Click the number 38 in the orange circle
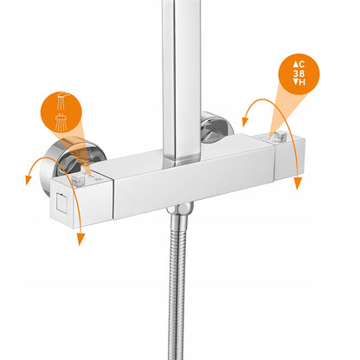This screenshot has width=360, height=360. pyautogui.click(x=299, y=74)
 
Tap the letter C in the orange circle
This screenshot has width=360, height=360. pyautogui.click(x=302, y=64)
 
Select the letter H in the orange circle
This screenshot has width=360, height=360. pyautogui.click(x=302, y=82)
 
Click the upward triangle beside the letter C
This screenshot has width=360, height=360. pyautogui.click(x=296, y=64)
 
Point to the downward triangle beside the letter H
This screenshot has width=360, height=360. pyautogui.click(x=296, y=82)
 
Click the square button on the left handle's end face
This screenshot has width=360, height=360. pyautogui.click(x=62, y=202)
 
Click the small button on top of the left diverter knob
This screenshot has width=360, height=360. pyautogui.click(x=78, y=179)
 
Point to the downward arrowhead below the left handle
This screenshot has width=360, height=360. pyautogui.click(x=80, y=239)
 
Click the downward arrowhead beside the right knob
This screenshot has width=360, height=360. pyautogui.click(x=298, y=183)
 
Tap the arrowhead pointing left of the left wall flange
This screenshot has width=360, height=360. pyautogui.click(x=29, y=180)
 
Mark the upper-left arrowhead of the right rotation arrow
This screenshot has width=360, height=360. pyautogui.click(x=245, y=122)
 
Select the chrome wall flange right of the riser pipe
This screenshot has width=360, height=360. pyautogui.click(x=216, y=127)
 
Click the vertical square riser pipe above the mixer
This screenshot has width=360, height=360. pyautogui.click(x=182, y=80)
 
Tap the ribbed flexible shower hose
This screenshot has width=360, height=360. pyautogui.click(x=177, y=286)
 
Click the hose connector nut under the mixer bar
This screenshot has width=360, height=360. pyautogui.click(x=180, y=209)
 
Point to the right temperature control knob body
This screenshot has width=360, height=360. pyautogui.click(x=288, y=157)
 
